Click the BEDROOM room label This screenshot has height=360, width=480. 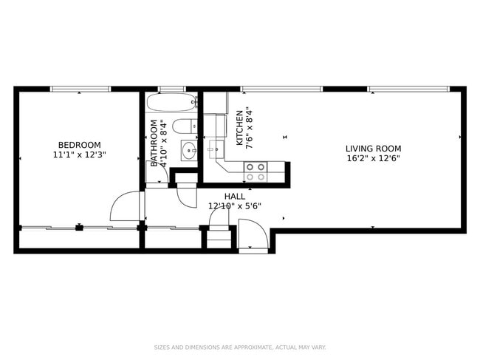(x=79, y=145)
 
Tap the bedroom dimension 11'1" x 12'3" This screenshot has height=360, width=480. (x=79, y=155)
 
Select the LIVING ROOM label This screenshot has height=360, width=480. (x=373, y=149)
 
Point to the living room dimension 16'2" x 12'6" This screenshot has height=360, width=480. (x=373, y=158)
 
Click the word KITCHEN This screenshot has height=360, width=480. (x=240, y=128)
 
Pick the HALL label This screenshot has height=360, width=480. (x=235, y=196)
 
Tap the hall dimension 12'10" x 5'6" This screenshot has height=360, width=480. (x=235, y=206)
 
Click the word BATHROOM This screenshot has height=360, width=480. (x=154, y=142)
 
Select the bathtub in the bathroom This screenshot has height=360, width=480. (x=171, y=103)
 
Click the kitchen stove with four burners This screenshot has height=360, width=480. (x=256, y=171)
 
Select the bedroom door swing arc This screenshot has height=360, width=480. (x=125, y=206)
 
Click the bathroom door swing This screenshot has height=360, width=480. (x=188, y=196)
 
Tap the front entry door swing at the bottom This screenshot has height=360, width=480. (x=253, y=237)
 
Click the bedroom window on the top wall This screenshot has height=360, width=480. (x=80, y=89)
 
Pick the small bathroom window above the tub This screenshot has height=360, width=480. (x=171, y=89)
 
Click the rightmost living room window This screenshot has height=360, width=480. (x=408, y=89)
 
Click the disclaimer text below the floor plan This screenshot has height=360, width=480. (x=240, y=347)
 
